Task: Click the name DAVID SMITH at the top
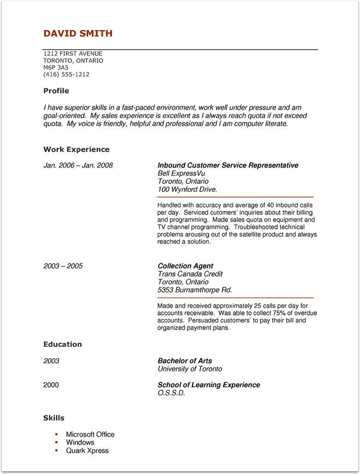coord(78,33)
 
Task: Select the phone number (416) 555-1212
coord(66,74)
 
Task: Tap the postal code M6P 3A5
coord(55,67)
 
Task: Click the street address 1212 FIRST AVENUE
coord(72,54)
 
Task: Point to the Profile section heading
coord(56,91)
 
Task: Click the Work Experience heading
coord(76,150)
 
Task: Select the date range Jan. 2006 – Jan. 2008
coord(78,165)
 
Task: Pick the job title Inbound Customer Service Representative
coord(228,165)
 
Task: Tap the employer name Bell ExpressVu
coord(181,174)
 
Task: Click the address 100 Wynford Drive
coord(187,189)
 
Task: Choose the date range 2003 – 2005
coord(63,266)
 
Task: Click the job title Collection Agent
coord(185,266)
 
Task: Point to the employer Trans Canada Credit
coord(190,274)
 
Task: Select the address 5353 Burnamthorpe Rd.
coord(194,290)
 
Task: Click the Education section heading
coord(62,344)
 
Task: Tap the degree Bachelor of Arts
coord(185,361)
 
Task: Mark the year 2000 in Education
coord(51,385)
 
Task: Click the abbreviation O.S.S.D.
coord(171,393)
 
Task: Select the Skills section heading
coord(54,418)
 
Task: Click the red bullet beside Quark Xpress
coord(56,450)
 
